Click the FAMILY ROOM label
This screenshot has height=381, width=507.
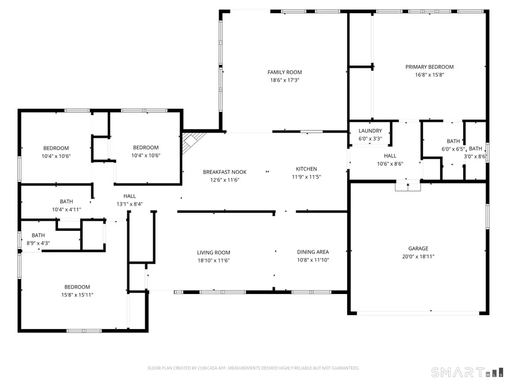(x=284, y=72)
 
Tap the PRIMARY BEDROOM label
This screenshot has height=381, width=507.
(x=429, y=67)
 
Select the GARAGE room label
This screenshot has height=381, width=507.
(x=418, y=248)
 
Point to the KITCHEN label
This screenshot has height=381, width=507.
(x=306, y=169)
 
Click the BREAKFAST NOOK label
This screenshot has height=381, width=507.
(x=225, y=172)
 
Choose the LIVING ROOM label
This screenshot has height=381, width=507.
(x=214, y=252)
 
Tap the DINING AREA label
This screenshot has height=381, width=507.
(x=313, y=252)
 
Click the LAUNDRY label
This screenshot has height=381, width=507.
(x=370, y=131)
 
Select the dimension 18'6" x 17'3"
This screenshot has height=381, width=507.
(x=284, y=80)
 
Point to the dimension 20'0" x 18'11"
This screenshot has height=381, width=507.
(x=418, y=256)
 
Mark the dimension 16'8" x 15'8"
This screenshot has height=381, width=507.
(x=429, y=75)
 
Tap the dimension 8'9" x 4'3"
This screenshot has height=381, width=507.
(x=38, y=243)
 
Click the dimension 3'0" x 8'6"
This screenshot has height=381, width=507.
(x=476, y=156)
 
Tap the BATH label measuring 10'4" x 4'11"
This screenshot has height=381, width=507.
(x=66, y=202)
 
